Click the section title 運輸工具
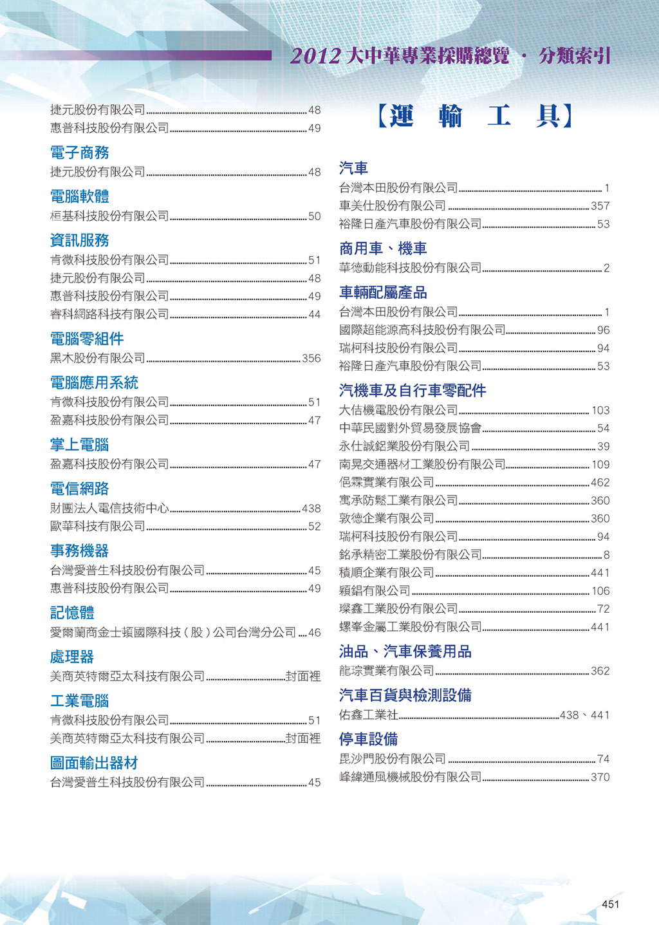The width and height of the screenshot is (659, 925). pyautogui.click(x=474, y=116)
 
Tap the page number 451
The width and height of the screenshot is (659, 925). pyautogui.click(x=610, y=904)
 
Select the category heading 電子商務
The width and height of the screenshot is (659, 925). pyautogui.click(x=80, y=153)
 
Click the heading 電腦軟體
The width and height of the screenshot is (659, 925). pyautogui.click(x=80, y=196)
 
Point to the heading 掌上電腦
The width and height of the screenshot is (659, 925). pyautogui.click(x=80, y=445)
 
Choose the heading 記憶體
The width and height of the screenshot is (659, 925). pyautogui.click(x=72, y=613)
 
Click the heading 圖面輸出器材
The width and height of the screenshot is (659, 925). pyautogui.click(x=94, y=763)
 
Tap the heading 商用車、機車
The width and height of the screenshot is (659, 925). pyautogui.click(x=383, y=248)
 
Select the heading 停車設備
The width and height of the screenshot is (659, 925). pyautogui.click(x=368, y=739)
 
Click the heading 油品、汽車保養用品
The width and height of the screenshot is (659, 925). pyautogui.click(x=405, y=651)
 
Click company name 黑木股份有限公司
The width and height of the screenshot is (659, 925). pyautogui.click(x=98, y=358)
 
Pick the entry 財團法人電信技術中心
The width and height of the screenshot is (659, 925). pyautogui.click(x=109, y=508)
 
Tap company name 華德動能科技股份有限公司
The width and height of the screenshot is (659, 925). pyautogui.click(x=411, y=268)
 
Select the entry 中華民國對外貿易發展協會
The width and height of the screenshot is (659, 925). pyautogui.click(x=411, y=428)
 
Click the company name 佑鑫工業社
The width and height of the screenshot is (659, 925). pyautogui.click(x=369, y=715)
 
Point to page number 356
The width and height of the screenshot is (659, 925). pyautogui.click(x=311, y=359)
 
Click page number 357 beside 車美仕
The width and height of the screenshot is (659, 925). pyautogui.click(x=600, y=206)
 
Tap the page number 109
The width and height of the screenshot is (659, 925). pyautogui.click(x=600, y=465)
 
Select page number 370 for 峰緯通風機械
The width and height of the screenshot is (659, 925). pyautogui.click(x=600, y=777)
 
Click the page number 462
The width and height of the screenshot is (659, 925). pyautogui.click(x=600, y=483)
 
